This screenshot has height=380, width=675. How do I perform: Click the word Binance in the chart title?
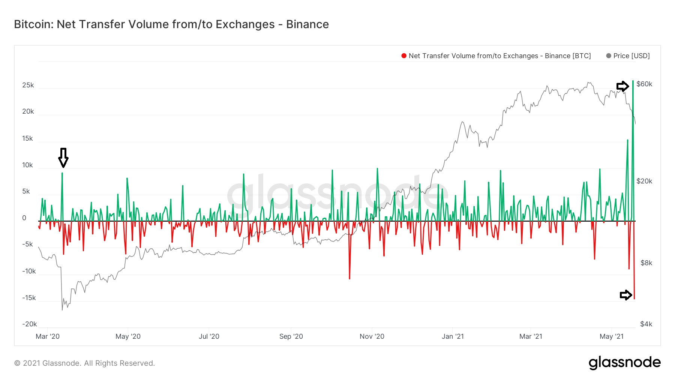click(307, 24)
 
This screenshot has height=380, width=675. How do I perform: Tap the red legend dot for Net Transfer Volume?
click(404, 56)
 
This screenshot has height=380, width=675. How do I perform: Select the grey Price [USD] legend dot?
click(609, 56)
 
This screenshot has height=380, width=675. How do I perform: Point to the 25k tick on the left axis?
click(28, 85)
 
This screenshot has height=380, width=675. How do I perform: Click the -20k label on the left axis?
click(29, 324)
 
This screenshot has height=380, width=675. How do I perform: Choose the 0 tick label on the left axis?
click(24, 218)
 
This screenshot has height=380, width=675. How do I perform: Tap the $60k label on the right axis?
click(644, 84)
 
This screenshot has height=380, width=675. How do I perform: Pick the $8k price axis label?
click(646, 263)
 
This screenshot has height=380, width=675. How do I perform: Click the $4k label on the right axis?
click(646, 324)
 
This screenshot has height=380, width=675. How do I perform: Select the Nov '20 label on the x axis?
click(372, 336)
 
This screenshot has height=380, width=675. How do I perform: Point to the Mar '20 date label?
click(48, 336)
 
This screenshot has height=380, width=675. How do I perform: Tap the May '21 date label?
click(611, 336)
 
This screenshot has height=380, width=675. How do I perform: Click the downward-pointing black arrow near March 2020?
click(63, 158)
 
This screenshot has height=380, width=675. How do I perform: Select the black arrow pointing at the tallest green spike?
click(622, 86)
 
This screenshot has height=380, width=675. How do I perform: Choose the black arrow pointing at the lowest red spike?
click(625, 295)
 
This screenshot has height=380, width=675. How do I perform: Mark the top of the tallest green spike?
click(633, 81)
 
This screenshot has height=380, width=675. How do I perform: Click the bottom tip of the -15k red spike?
click(634, 299)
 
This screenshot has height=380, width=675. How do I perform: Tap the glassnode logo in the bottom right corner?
click(624, 363)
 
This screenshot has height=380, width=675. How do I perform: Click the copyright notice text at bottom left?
click(84, 363)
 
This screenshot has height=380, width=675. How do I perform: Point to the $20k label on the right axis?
click(644, 181)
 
